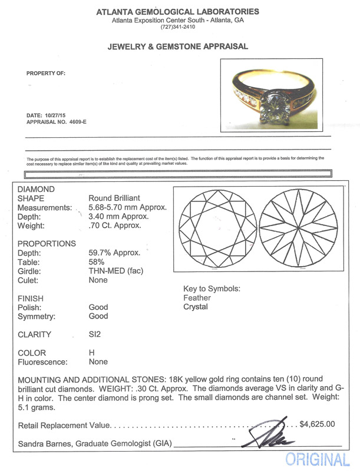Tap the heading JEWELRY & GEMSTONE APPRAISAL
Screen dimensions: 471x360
[x=177, y=47]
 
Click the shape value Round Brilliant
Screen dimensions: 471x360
[x=114, y=198]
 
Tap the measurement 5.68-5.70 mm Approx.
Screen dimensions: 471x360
[x=128, y=207]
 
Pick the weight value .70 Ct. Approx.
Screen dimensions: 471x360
[x=115, y=225]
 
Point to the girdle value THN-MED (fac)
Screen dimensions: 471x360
[x=116, y=271]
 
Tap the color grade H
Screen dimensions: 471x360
[x=91, y=353]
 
